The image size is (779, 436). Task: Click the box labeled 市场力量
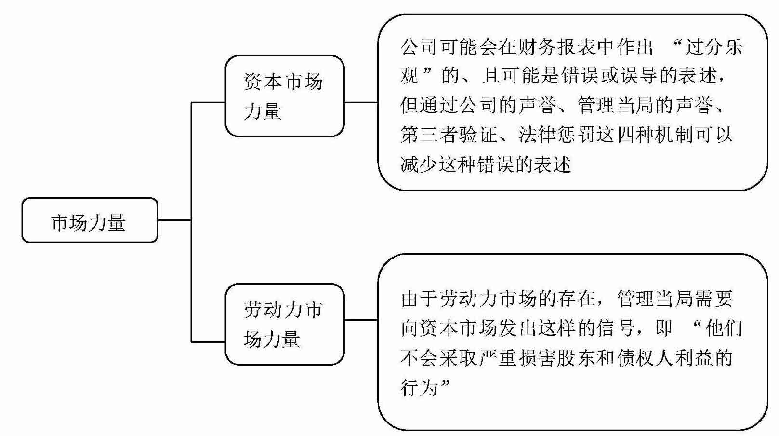pyautogui.click(x=90, y=220)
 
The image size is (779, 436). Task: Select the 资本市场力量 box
pyautogui.click(x=284, y=96)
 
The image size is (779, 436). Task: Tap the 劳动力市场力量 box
pyautogui.click(x=284, y=324)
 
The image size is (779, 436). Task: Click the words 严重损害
pyautogui.click(x=518, y=358)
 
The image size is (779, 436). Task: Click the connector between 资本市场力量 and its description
pyautogui.click(x=361, y=102)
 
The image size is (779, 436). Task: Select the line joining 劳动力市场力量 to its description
pyautogui.click(x=361, y=320)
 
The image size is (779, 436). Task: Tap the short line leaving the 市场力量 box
pyautogui.click(x=174, y=220)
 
